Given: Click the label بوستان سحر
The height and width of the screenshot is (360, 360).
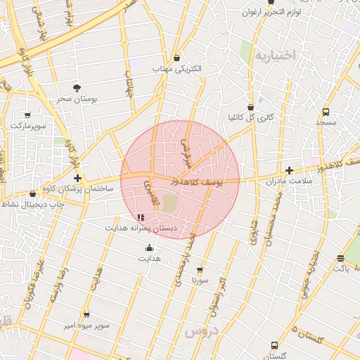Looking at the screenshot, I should click(x=77, y=100).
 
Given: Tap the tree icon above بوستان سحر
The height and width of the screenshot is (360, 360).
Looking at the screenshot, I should click(x=77, y=88).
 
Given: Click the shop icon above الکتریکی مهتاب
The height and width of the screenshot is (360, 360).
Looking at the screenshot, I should click(x=176, y=58).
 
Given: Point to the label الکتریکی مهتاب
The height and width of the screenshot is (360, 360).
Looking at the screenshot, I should click(x=176, y=70).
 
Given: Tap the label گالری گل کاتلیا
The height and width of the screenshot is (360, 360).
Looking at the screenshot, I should click(x=251, y=117).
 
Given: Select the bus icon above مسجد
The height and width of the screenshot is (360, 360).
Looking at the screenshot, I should click(x=326, y=112).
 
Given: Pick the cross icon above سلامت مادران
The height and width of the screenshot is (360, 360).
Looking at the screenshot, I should click(x=289, y=170).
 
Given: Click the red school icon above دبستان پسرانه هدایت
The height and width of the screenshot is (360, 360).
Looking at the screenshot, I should click(x=141, y=218).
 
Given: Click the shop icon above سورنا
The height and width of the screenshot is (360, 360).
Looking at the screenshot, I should click(x=200, y=269).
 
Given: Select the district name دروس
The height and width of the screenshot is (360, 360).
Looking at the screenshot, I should click(x=201, y=330).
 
